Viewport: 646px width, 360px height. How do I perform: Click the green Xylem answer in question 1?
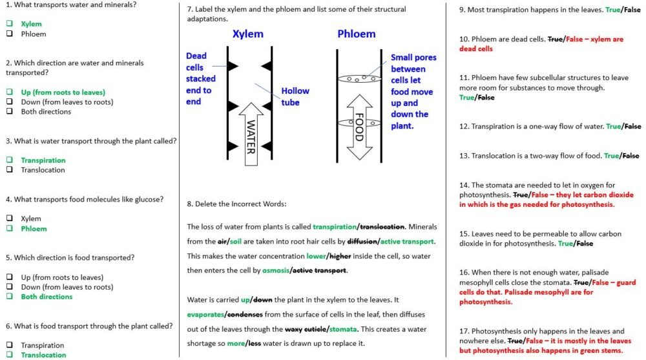[x=31, y=24]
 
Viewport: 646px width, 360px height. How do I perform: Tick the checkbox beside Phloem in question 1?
[x=10, y=34]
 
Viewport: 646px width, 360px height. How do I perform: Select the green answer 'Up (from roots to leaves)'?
[x=63, y=92]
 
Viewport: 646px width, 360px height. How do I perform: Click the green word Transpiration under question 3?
[x=43, y=160]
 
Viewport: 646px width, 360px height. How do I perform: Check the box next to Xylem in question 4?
[x=10, y=219]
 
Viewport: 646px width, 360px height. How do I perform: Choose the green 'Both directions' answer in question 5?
[x=47, y=297]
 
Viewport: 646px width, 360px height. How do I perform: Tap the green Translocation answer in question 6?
[x=43, y=355]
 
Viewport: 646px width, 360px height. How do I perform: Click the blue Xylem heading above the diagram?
[x=247, y=34]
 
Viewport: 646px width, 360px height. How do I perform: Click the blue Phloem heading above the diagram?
[x=357, y=34]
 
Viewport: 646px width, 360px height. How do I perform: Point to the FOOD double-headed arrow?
[x=359, y=128]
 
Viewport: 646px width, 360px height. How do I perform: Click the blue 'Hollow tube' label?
[x=295, y=96]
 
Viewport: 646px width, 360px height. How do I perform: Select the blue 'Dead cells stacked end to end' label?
[x=200, y=78]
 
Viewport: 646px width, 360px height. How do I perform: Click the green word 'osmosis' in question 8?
[x=275, y=270]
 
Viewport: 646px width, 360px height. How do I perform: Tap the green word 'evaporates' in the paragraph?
[x=205, y=315]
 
